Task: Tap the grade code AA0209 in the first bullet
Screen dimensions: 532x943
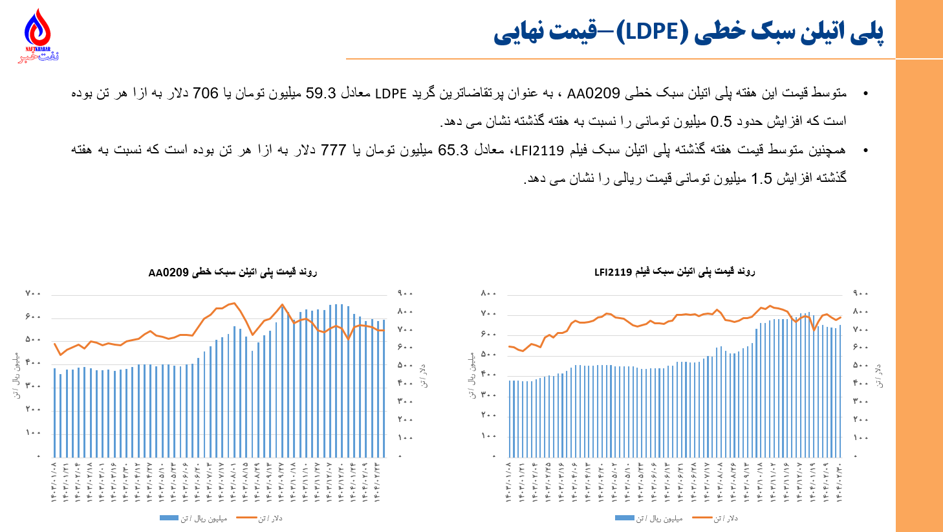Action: tap(593, 93)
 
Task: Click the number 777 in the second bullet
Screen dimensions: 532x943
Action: tap(333, 150)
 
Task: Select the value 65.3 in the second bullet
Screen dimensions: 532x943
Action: tap(453, 150)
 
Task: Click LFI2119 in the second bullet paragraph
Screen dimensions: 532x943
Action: tap(538, 150)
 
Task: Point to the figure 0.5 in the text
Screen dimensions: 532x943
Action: tap(721, 122)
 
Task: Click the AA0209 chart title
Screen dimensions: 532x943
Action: tap(232, 272)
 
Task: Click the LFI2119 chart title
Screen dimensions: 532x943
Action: tap(675, 272)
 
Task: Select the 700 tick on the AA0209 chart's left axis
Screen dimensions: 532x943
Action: tap(33, 294)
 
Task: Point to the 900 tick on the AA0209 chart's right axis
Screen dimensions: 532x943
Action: tap(405, 294)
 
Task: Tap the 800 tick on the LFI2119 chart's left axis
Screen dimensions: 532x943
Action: tap(488, 294)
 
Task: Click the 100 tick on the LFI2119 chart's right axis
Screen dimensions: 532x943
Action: tap(860, 438)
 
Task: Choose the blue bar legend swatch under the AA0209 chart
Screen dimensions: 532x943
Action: tap(169, 518)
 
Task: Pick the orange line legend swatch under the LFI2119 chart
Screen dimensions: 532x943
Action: tap(702, 518)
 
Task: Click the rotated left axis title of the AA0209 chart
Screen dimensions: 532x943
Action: tap(16, 375)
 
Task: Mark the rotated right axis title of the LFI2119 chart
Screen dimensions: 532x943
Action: tap(879, 375)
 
